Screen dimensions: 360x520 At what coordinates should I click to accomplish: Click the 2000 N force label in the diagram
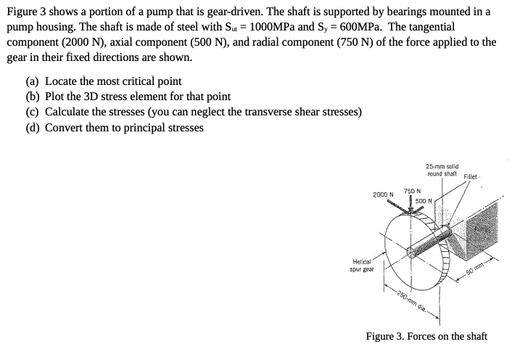coord(383,195)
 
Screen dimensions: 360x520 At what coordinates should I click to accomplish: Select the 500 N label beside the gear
coord(424,200)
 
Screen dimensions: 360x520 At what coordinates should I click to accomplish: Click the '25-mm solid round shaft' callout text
coord(442,170)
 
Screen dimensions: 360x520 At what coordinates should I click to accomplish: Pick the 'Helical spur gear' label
coord(361,266)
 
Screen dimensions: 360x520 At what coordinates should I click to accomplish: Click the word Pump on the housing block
coord(481,231)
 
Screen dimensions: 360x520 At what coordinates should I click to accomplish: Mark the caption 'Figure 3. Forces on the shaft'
coord(426,336)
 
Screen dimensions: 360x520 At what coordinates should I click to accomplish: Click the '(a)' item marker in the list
coord(33,81)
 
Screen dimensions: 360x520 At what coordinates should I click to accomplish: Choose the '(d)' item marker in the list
coord(33,128)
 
